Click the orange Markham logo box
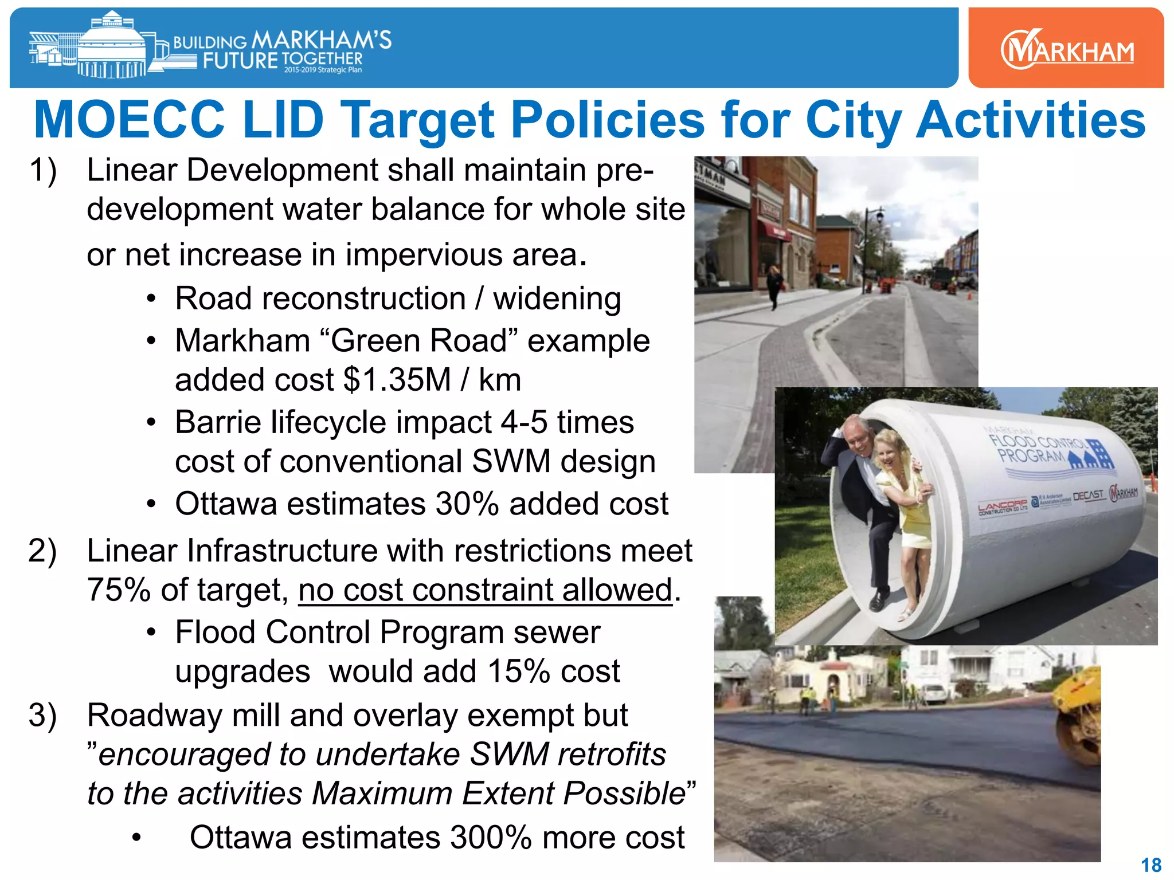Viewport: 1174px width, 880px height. (x=1066, y=48)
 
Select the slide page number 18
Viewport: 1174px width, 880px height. (x=1151, y=865)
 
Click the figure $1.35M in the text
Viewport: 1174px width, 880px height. (x=397, y=380)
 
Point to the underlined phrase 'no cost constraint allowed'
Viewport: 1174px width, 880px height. (x=485, y=590)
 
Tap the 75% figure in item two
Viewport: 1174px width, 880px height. (x=119, y=590)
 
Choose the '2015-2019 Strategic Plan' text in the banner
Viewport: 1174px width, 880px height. (x=323, y=70)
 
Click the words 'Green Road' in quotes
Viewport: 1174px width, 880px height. (x=418, y=341)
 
